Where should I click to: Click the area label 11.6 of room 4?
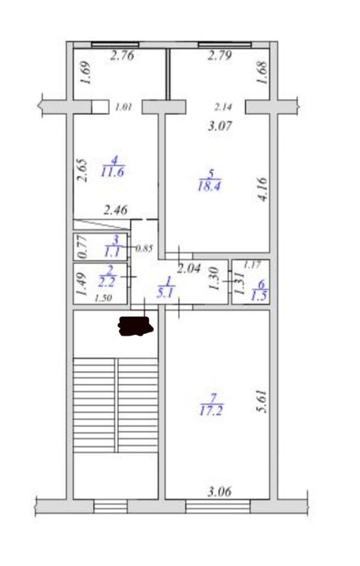112,171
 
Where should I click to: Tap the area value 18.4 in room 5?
210,186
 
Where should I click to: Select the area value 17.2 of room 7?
211,411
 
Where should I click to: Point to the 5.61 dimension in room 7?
262,401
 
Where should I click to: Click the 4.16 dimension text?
262,189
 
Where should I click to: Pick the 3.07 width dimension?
220,126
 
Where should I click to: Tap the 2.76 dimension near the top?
122,56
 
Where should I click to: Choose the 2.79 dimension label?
219,56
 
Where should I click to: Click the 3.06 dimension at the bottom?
219,492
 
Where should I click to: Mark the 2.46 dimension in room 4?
116,210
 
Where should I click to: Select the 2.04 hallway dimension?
188,268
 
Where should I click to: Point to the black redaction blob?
135,326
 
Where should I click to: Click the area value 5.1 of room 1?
165,294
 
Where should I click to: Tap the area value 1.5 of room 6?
260,296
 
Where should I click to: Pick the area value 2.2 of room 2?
107,281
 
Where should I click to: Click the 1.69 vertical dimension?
85,73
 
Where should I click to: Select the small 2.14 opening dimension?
223,107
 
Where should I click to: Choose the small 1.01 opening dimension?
124,107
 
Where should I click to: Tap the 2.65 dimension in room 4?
83,171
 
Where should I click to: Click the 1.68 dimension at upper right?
262,73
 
